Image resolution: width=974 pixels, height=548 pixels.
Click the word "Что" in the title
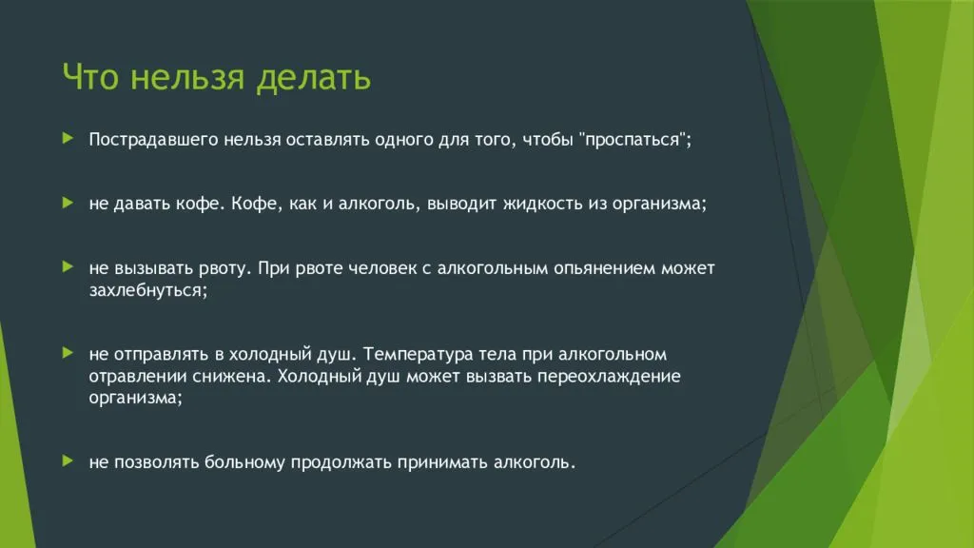point(89,77)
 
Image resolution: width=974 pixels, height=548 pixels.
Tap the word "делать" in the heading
point(314,79)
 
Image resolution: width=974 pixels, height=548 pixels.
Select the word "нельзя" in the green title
point(187,77)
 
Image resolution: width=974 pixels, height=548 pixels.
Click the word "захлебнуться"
point(147,290)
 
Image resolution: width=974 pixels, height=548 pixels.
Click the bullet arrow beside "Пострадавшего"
point(68,138)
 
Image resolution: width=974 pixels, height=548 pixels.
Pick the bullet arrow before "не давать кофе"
point(68,203)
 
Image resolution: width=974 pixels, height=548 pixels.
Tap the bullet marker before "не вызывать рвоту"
point(68,267)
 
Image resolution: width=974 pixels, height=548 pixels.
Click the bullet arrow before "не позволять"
point(68,461)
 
